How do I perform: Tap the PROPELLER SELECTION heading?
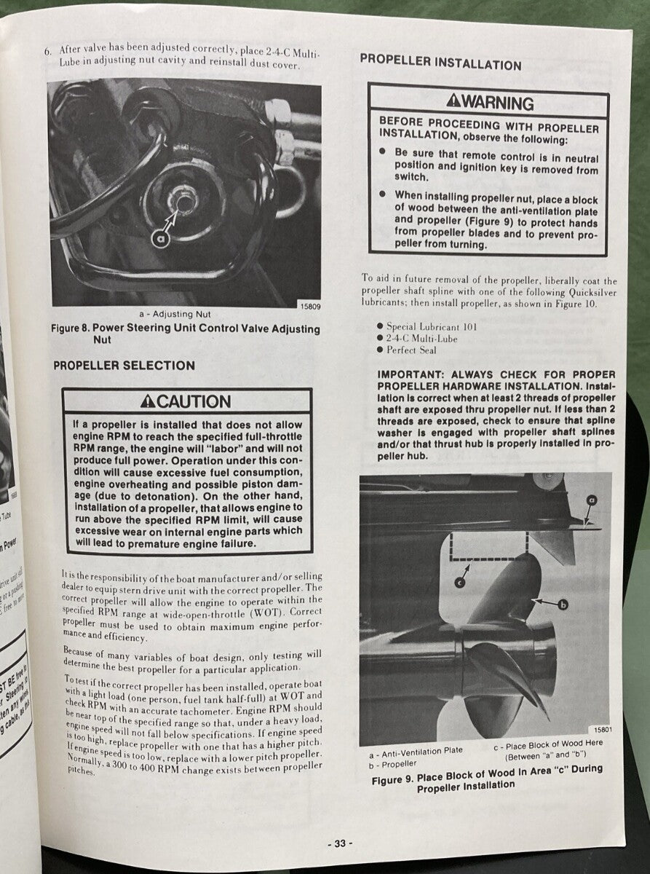(124, 366)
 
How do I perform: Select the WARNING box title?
(490, 103)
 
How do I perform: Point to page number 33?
(339, 843)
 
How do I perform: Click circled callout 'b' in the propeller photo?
(562, 604)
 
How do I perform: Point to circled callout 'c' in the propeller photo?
(460, 580)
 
